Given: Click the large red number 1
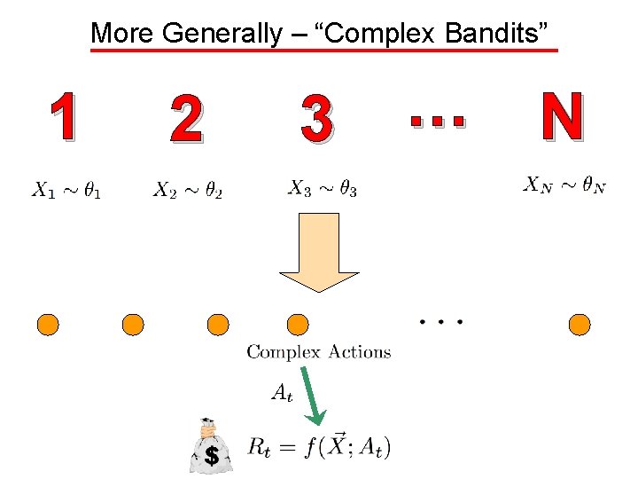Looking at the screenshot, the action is [62, 118].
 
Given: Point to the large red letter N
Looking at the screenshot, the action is [562, 118].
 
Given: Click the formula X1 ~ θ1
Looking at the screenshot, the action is [66, 190].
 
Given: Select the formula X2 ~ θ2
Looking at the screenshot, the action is [188, 190].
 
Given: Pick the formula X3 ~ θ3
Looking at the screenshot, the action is [323, 188].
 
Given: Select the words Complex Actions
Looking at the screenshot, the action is [318, 352].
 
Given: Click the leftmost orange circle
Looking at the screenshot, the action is [48, 325].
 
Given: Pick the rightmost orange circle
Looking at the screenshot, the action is [580, 325].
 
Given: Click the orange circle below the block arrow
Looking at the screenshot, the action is [299, 325].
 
